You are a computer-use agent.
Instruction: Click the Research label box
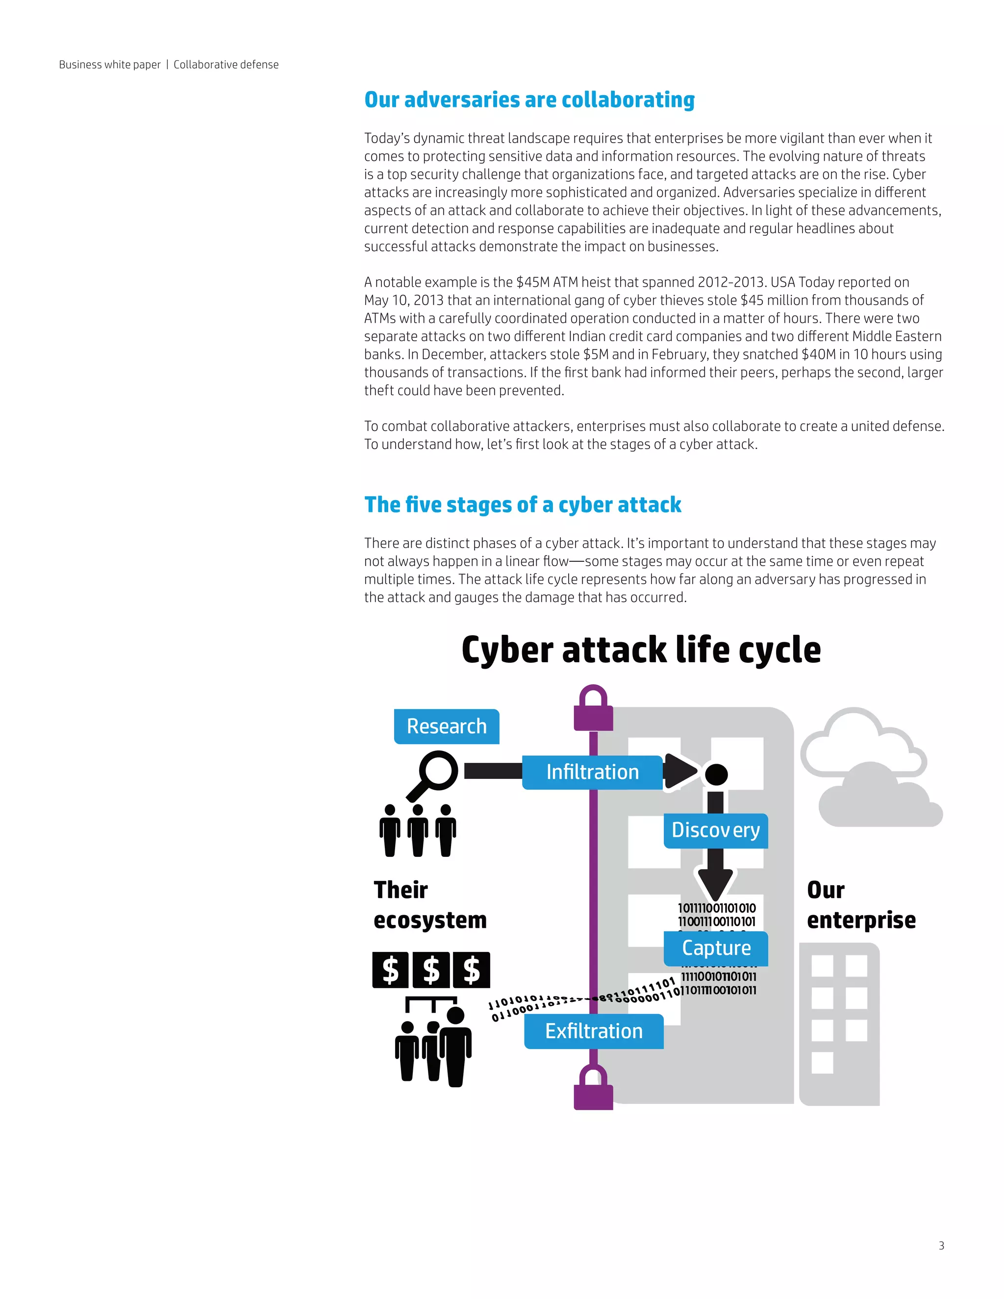[446, 726]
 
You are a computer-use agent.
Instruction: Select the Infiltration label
[592, 772]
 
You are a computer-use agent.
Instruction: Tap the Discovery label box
[716, 830]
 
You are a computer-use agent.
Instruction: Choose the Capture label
[716, 948]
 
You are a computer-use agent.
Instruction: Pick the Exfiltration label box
[594, 1031]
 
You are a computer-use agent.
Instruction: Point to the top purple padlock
[593, 708]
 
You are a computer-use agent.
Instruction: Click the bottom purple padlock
[593, 1087]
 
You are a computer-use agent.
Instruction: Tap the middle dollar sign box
[431, 970]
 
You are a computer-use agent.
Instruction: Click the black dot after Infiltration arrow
[716, 774]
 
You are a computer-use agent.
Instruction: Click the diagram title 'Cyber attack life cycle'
[641, 649]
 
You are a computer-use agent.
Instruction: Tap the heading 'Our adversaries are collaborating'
[529, 100]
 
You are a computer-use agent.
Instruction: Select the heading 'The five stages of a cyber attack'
[522, 505]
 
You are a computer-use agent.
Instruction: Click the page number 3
[941, 1246]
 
